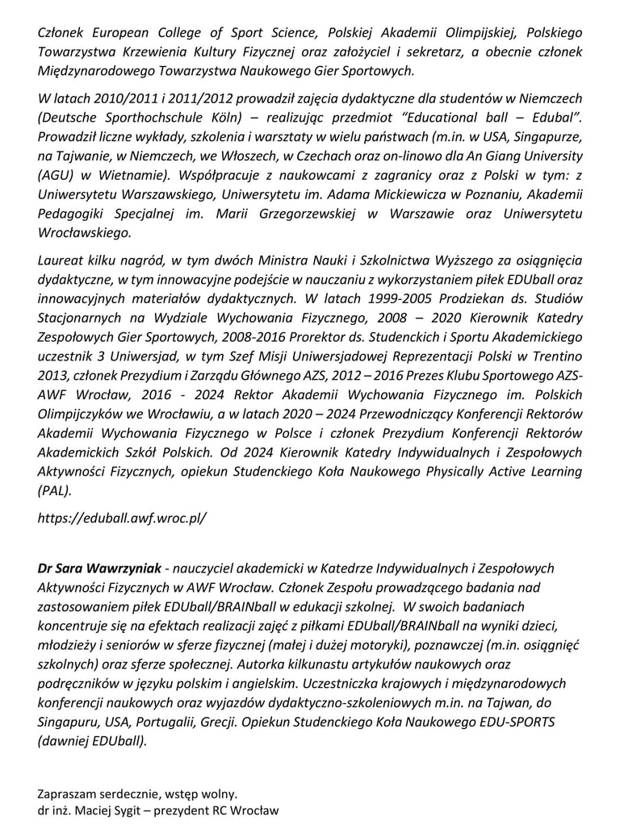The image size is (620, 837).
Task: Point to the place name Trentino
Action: click(553, 358)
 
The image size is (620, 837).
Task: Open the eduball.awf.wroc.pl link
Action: click(122, 518)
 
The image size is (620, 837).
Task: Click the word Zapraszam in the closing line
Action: click(66, 793)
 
